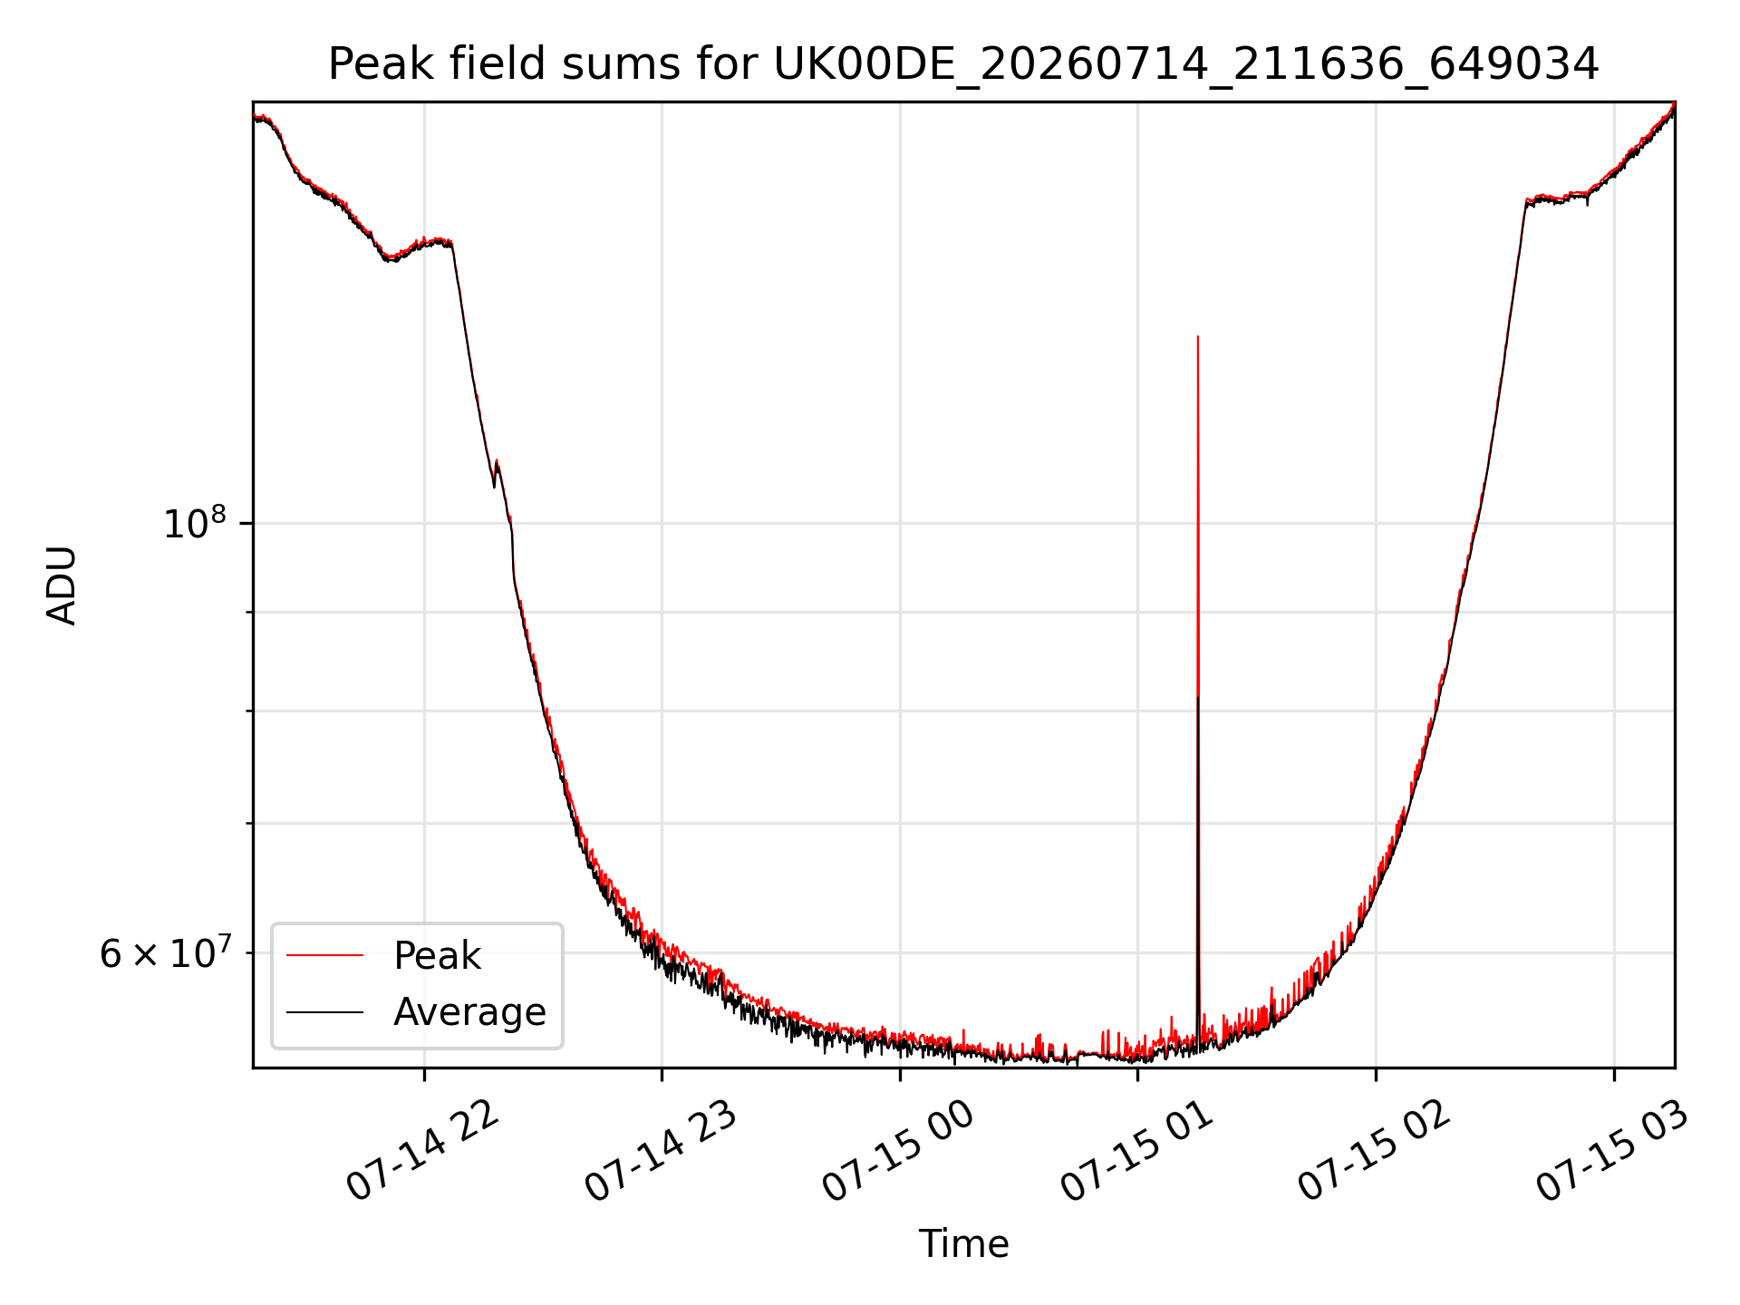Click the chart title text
(x=963, y=65)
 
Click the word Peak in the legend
(x=437, y=956)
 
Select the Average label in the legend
(x=469, y=1012)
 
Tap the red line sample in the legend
(x=324, y=955)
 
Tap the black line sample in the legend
(x=324, y=1011)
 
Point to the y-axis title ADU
(x=62, y=585)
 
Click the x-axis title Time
(x=963, y=1244)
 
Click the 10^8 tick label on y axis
(x=194, y=523)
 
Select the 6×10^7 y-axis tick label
(x=163, y=952)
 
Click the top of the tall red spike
(x=1198, y=336)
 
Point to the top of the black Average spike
(x=1198, y=697)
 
